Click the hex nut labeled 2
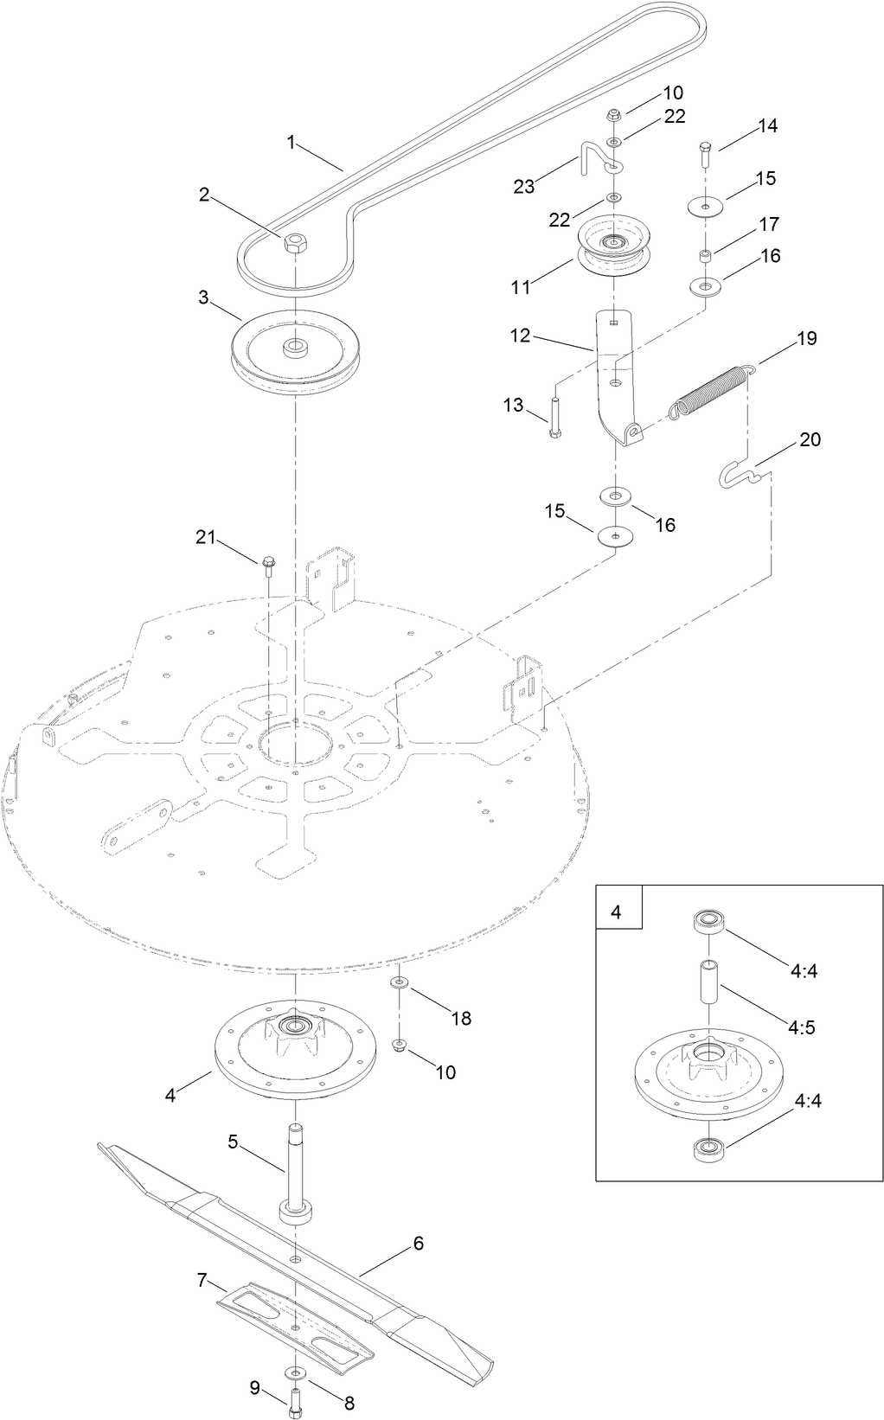click(295, 244)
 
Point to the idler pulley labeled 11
click(612, 247)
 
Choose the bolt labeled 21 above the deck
click(267, 566)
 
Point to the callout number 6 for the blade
click(419, 1244)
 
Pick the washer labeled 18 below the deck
click(400, 983)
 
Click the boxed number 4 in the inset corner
click(617, 911)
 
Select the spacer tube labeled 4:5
click(708, 983)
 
